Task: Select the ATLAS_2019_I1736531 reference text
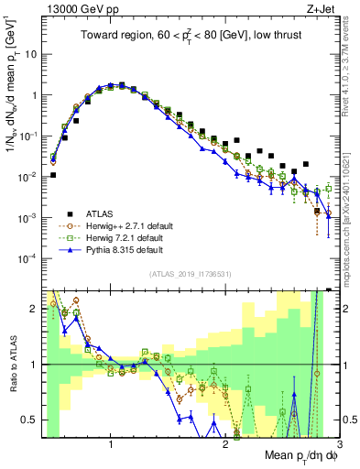point(190,274)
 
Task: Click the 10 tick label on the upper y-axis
point(29,54)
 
